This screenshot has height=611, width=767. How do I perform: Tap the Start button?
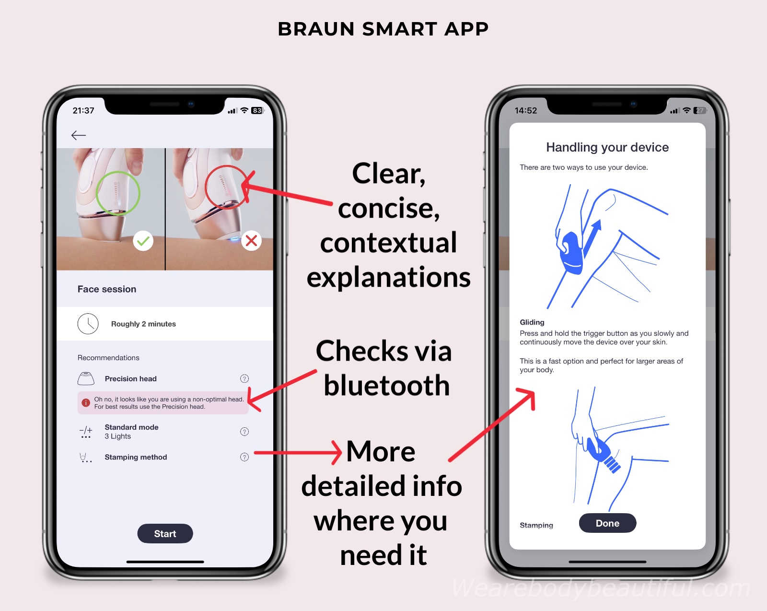point(165,533)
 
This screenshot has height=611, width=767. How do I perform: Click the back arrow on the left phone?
point(79,135)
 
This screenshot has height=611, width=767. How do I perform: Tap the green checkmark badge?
point(143,241)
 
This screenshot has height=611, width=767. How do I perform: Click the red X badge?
point(251,241)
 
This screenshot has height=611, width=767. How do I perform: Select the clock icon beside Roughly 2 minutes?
point(88,324)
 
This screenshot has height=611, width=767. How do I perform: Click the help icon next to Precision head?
point(244,378)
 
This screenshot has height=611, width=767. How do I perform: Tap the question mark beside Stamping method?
point(244,457)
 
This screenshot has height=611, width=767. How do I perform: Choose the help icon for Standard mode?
point(244,432)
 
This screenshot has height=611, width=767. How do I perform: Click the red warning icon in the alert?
point(86,403)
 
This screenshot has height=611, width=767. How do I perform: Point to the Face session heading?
point(107,289)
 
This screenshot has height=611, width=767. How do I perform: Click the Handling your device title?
point(607,147)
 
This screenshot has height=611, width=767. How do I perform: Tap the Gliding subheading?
point(532,322)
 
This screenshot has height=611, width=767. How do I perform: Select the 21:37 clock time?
point(83,111)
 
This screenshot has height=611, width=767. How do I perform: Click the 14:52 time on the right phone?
point(526,111)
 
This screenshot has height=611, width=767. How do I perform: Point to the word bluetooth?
point(387,385)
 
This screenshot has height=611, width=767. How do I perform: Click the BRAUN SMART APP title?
point(383,29)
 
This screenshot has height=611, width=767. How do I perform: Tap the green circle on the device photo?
point(118,171)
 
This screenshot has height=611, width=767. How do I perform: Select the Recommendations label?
point(108,357)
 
